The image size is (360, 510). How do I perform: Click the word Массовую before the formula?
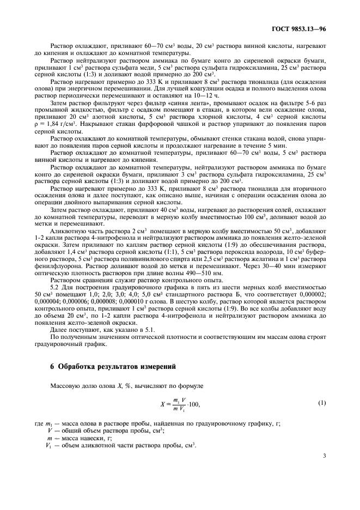(66, 386)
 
